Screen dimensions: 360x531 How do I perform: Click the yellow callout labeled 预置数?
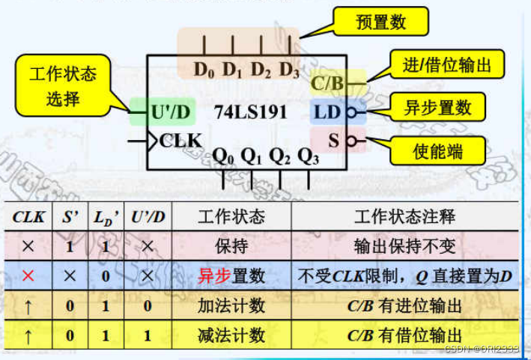pos(380,22)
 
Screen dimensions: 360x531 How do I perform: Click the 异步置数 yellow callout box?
pos(438,107)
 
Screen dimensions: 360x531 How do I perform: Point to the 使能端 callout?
pos(438,152)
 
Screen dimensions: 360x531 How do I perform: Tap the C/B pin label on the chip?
pos(327,83)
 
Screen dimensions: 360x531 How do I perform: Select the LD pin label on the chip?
pos(327,112)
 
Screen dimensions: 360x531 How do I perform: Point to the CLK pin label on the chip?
pos(180,140)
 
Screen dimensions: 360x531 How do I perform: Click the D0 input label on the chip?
pos(204,70)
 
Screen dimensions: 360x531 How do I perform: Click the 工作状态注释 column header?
pos(404,217)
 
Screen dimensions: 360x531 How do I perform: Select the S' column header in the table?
pos(70,218)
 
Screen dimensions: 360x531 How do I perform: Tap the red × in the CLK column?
pos(28,276)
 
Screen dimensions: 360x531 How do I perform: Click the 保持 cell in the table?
pos(231,246)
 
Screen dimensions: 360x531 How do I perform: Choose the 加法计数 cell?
pos(231,305)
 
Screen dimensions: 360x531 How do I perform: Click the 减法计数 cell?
pos(231,335)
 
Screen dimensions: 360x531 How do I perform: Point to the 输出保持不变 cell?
pos(404,246)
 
